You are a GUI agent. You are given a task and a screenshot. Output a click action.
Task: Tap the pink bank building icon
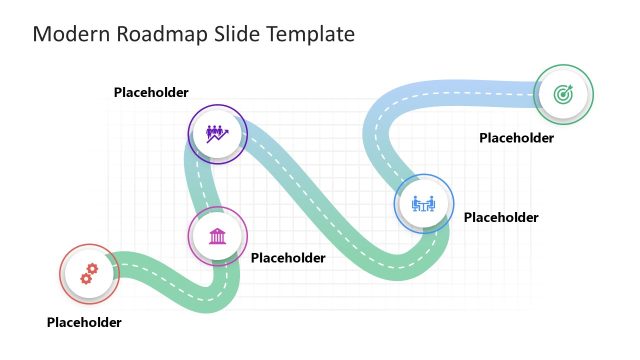click(217, 236)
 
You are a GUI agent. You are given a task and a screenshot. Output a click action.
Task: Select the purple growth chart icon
click(217, 133)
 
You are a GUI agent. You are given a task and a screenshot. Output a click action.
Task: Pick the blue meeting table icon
click(424, 204)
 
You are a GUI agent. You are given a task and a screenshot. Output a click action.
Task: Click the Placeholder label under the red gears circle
click(84, 322)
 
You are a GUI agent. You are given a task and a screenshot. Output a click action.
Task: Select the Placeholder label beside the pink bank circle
click(288, 258)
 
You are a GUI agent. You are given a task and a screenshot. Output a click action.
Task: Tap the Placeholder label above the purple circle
click(151, 93)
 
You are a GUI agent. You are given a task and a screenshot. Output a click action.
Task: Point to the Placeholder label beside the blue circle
click(501, 217)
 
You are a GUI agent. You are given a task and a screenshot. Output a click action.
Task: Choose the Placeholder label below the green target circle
click(516, 138)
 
